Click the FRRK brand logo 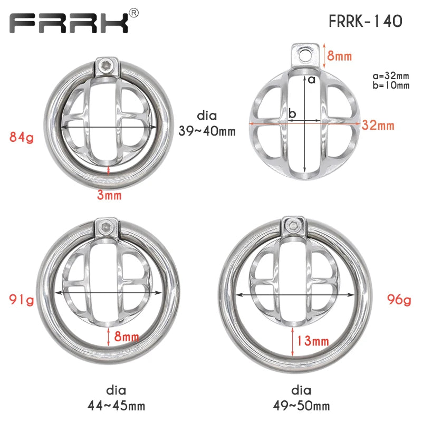point(69,23)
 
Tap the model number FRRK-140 point(366,21)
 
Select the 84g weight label point(22,137)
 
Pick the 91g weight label point(22,300)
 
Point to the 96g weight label point(399,300)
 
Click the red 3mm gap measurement point(109,195)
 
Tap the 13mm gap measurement point(313,341)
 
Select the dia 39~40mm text point(207,123)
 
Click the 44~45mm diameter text point(116,406)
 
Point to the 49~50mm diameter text point(301,406)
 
